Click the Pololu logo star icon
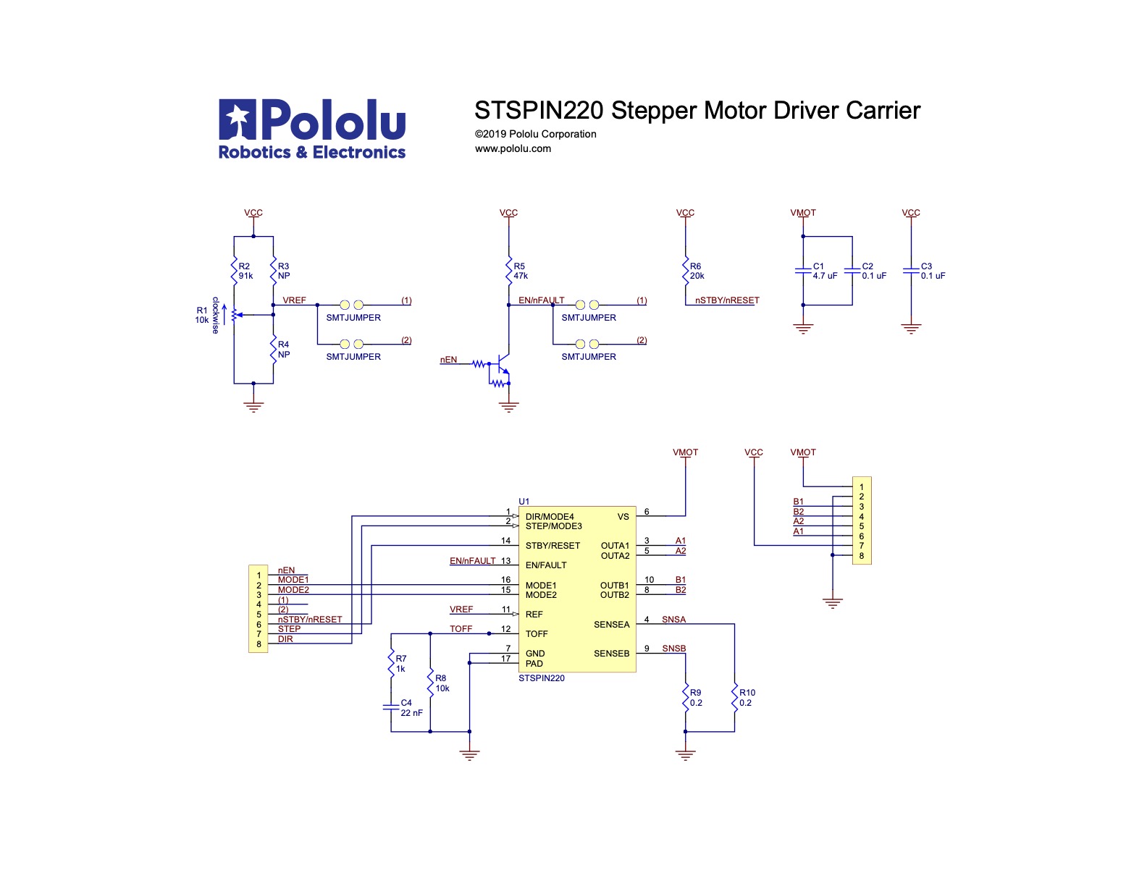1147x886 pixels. (238, 119)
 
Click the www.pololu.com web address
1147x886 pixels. (513, 148)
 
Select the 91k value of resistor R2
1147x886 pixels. (246, 276)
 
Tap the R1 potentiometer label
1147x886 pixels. (202, 315)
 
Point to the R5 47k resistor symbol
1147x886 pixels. (509, 271)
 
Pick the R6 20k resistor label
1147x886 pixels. (697, 271)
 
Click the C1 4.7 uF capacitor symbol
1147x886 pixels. (803, 271)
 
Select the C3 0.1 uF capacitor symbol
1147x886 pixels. (911, 271)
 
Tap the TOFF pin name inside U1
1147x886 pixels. (537, 634)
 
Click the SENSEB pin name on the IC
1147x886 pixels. (611, 654)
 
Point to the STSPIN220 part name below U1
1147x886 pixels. (541, 678)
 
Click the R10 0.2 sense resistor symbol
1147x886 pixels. (734, 698)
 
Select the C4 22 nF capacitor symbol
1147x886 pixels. (391, 707)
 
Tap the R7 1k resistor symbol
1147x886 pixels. (391, 664)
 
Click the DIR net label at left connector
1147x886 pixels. (285, 639)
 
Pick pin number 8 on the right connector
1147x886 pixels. (862, 556)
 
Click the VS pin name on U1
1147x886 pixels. (623, 517)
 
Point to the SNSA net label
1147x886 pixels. (673, 620)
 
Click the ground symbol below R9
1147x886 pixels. (685, 755)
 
